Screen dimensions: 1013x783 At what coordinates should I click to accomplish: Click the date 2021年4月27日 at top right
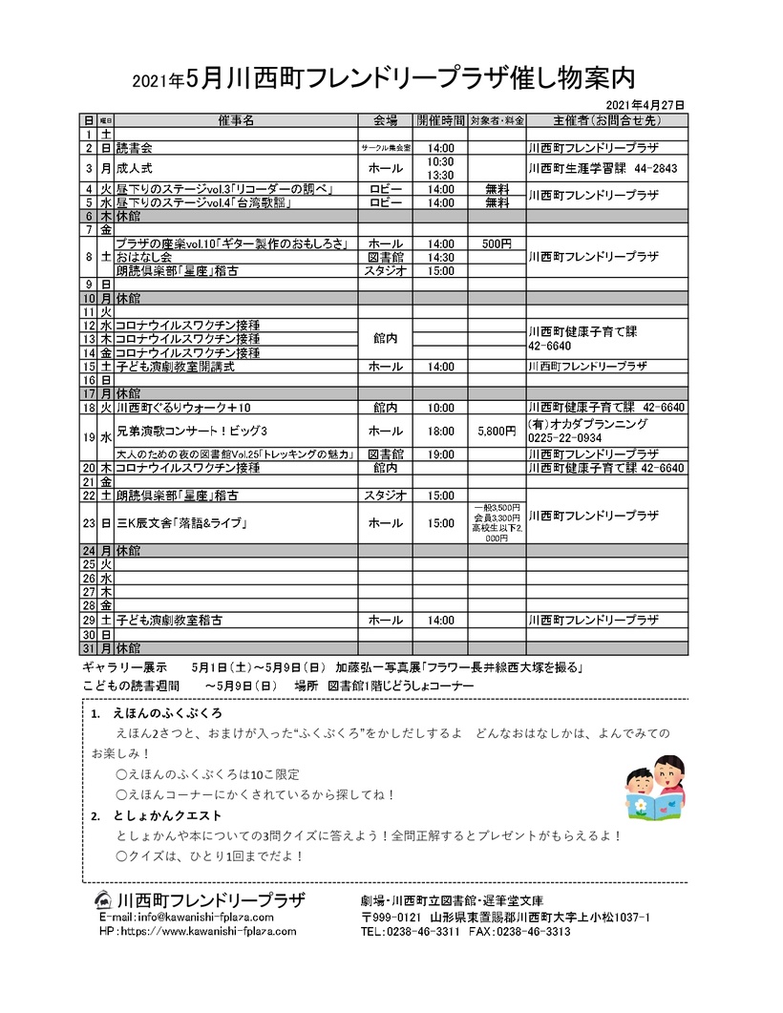pyautogui.click(x=645, y=104)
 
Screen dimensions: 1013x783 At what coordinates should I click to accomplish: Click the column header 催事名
pyautogui.click(x=236, y=121)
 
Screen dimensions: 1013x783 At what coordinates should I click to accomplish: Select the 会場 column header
pyautogui.click(x=385, y=121)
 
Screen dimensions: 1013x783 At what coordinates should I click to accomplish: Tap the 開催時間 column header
pyautogui.click(x=441, y=121)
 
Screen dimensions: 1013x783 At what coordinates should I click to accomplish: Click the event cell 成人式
pyautogui.click(x=134, y=168)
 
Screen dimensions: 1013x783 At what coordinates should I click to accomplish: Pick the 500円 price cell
pyautogui.click(x=497, y=243)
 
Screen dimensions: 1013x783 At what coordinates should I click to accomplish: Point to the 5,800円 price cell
pyautogui.click(x=497, y=431)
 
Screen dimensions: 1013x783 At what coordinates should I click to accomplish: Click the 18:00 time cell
pyautogui.click(x=441, y=431)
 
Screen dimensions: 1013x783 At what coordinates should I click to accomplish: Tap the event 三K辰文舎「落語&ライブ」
pyautogui.click(x=181, y=523)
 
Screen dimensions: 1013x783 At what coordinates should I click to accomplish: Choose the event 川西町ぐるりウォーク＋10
pyautogui.click(x=182, y=408)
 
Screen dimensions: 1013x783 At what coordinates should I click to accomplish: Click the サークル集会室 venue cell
pyautogui.click(x=385, y=149)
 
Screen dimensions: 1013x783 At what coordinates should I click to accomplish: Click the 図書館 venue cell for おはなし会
pyautogui.click(x=385, y=257)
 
